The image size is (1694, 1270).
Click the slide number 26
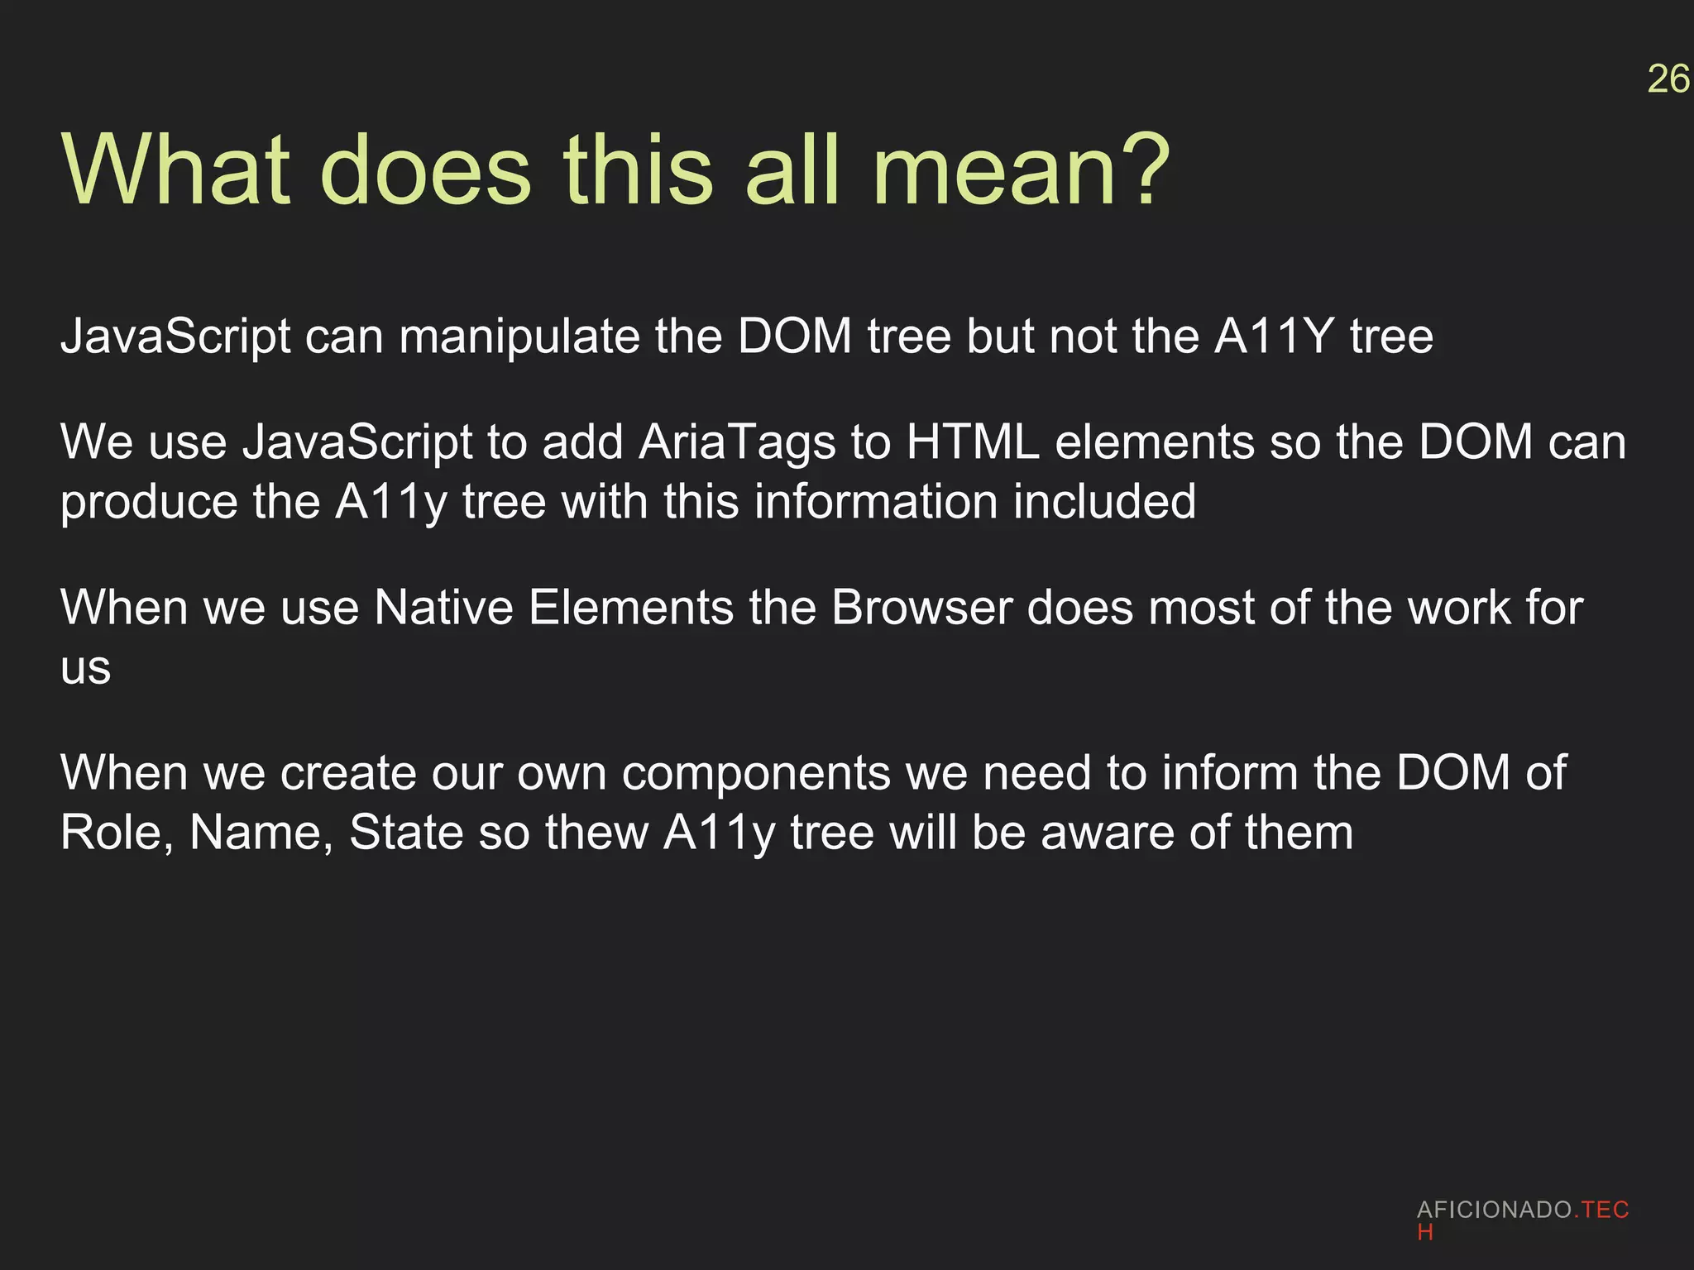click(1668, 79)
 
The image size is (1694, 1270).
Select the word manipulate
click(519, 337)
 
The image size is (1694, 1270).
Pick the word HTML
click(973, 442)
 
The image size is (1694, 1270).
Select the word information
click(861, 501)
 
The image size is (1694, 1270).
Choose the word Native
click(443, 608)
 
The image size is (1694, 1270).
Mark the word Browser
click(921, 608)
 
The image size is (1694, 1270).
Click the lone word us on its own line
click(85, 668)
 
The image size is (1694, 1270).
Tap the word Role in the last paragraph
click(117, 833)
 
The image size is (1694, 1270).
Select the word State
click(406, 833)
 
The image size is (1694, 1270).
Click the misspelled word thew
click(596, 833)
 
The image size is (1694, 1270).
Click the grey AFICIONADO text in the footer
click(1494, 1210)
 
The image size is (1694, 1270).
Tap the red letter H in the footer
click(1424, 1233)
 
